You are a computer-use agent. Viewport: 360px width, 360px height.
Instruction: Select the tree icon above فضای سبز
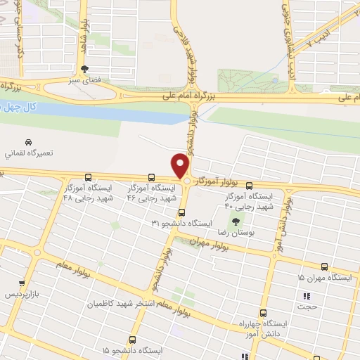pos(85,69)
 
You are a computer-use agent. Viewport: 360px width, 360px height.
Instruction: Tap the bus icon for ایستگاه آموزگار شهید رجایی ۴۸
pos(88,177)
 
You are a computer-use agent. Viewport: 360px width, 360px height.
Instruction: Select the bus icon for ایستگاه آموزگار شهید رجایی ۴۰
pos(250,186)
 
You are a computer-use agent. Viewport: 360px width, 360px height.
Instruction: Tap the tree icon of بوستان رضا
pos(236,221)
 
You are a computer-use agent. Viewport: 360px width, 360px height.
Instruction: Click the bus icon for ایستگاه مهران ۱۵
pos(324,266)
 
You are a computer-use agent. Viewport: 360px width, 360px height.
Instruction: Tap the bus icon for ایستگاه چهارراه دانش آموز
pos(263,313)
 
